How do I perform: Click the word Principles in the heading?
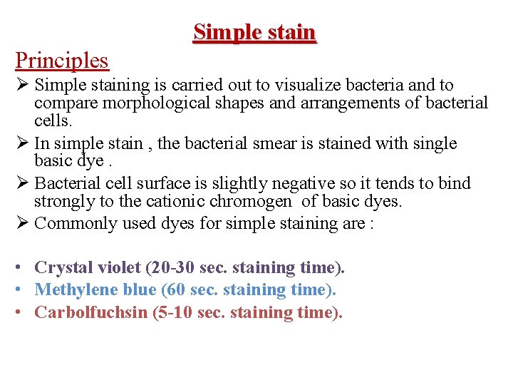62,60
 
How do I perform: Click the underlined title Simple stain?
254,32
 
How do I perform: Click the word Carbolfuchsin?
90,312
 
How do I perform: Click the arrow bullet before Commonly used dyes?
22,223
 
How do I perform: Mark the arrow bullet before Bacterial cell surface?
22,183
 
